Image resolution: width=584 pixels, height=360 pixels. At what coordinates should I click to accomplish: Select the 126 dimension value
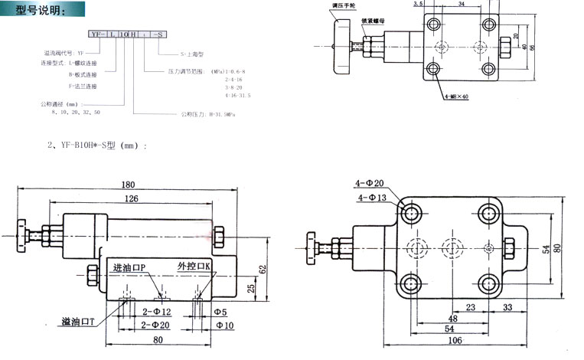[132, 201]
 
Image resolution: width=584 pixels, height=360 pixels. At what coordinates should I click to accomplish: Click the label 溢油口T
[77, 322]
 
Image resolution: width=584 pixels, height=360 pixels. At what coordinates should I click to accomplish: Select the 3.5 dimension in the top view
[439, 5]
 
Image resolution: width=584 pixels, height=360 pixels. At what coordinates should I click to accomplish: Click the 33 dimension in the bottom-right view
[507, 307]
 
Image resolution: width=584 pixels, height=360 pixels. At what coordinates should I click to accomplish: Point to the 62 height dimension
[262, 270]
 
